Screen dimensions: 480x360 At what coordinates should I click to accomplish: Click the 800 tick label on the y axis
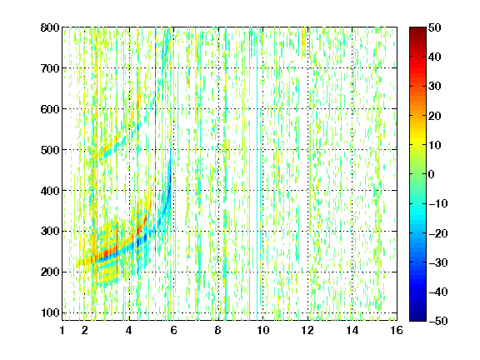point(50,27)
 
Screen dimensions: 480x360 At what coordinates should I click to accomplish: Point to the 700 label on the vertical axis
point(50,68)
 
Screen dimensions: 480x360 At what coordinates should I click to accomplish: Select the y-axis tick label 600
point(50,109)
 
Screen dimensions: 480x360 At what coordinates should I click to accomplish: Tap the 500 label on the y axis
point(50,150)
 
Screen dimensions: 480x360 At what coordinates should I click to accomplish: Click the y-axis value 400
point(50,191)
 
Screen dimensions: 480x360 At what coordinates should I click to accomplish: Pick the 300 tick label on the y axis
point(50,232)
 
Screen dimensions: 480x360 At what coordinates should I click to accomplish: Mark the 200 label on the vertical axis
point(50,272)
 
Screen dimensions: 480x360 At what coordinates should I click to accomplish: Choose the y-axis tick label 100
point(50,312)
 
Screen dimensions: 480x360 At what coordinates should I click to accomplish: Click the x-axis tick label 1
point(62,330)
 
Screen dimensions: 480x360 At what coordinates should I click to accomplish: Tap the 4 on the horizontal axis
point(129,330)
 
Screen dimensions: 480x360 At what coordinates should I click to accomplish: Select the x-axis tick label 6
point(173,330)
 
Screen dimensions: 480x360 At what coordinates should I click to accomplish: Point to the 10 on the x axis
point(263,330)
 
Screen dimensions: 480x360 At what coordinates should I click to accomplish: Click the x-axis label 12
point(307,330)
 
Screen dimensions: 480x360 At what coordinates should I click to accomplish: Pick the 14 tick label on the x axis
point(352,330)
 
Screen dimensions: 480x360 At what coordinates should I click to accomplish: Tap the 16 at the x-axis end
point(397,330)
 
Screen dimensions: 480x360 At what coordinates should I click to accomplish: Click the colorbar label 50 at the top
point(434,27)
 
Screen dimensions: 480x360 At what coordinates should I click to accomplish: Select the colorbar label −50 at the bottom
point(438,321)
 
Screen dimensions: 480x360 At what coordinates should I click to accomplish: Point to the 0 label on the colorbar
point(432,174)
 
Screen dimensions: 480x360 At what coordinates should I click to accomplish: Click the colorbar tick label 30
point(434,87)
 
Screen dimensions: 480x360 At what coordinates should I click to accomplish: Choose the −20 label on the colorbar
point(438,233)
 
